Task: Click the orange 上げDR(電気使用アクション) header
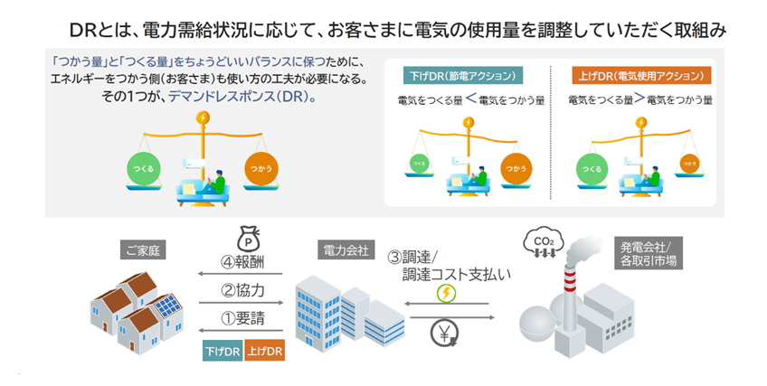(641, 75)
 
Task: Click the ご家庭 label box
(144, 249)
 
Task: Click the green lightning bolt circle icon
(446, 293)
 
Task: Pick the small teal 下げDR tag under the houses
(222, 352)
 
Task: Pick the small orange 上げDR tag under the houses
(264, 352)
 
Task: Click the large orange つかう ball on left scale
(262, 169)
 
